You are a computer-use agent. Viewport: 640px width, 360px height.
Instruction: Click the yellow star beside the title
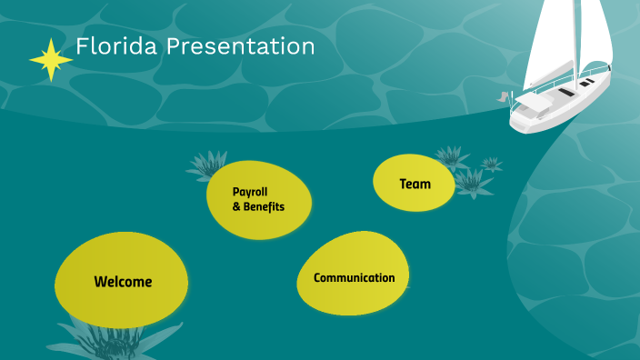click(x=50, y=60)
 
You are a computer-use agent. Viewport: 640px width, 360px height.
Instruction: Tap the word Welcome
click(x=123, y=282)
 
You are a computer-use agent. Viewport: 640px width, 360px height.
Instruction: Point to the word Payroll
click(x=249, y=192)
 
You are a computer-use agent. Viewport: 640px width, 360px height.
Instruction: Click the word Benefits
click(x=264, y=207)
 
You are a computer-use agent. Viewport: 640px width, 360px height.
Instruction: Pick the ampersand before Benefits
click(x=236, y=207)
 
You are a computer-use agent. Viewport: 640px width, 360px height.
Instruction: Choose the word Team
click(x=415, y=184)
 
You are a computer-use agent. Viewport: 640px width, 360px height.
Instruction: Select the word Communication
click(x=354, y=278)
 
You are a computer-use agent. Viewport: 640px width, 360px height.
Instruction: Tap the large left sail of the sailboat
click(x=558, y=41)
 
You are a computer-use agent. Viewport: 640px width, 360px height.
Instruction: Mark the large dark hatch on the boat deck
click(x=565, y=92)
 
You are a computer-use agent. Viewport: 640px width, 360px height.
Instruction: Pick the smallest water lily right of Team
click(x=492, y=165)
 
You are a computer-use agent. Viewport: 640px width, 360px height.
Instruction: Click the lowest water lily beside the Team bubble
click(x=472, y=184)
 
